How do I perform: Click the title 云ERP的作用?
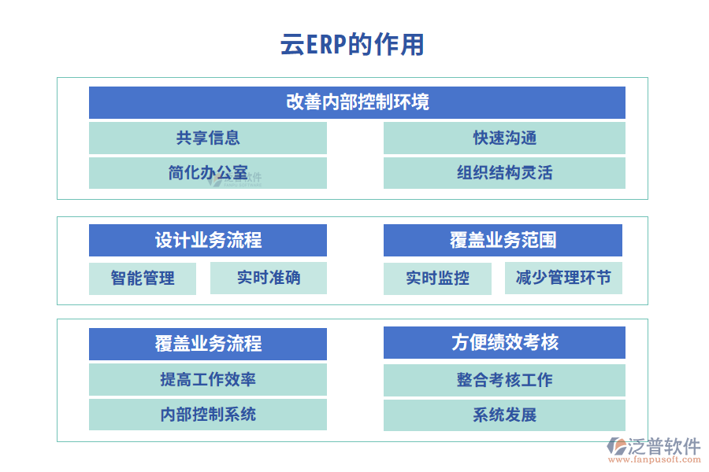click(352, 45)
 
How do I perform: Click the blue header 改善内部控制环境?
click(357, 102)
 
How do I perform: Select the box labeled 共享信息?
click(207, 138)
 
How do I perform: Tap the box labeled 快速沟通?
click(504, 138)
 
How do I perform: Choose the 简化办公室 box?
click(207, 173)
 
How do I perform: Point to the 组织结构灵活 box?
click(504, 173)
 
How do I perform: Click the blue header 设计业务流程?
click(207, 240)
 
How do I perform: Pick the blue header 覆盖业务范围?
click(503, 240)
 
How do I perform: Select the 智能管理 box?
click(143, 278)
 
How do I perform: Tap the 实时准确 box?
click(268, 278)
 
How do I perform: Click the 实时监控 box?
click(437, 278)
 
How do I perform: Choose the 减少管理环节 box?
click(563, 278)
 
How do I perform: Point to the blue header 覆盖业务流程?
click(207, 344)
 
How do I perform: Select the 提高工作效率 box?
click(207, 379)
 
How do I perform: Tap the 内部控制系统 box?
click(207, 415)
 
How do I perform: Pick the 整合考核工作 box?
click(504, 379)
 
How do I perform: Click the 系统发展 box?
click(504, 415)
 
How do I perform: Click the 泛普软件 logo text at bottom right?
click(663, 446)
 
